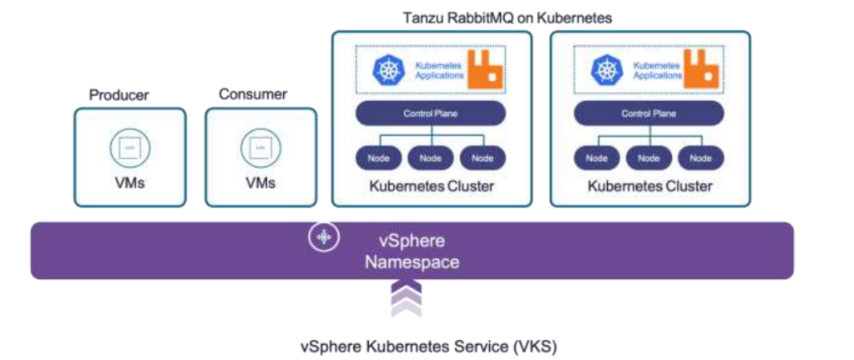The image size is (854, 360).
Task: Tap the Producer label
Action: click(119, 95)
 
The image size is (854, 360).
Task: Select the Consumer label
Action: click(254, 94)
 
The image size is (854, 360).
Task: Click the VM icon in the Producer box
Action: click(128, 149)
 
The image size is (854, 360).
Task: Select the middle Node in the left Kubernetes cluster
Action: click(432, 158)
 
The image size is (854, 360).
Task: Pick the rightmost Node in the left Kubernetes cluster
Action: click(482, 158)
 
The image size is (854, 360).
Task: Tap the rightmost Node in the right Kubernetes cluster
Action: click(700, 158)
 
